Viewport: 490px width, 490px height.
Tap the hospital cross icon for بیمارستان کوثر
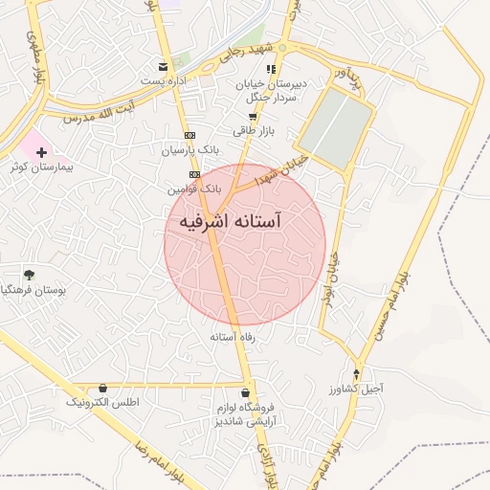click(x=41, y=152)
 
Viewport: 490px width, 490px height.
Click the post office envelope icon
click(x=166, y=66)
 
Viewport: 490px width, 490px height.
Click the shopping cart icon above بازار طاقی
click(x=252, y=115)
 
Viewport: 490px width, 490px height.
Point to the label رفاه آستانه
click(x=233, y=338)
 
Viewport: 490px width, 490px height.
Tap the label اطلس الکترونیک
click(x=102, y=403)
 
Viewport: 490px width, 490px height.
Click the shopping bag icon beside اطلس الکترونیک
click(x=102, y=388)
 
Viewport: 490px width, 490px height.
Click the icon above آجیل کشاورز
click(x=358, y=373)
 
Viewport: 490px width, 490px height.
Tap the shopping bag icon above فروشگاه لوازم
click(x=247, y=392)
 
